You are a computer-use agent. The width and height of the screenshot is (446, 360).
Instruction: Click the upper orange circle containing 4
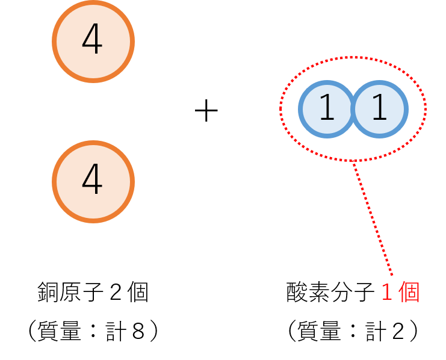[x=93, y=42]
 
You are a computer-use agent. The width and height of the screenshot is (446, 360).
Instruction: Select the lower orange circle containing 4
[x=93, y=182]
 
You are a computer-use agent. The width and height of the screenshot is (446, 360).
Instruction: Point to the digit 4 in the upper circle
[x=93, y=41]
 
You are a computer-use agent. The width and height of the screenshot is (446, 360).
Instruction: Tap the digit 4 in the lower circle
[x=93, y=181]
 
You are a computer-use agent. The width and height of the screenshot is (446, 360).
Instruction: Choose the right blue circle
[x=380, y=110]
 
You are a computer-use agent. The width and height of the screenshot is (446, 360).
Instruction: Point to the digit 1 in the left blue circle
[x=327, y=109]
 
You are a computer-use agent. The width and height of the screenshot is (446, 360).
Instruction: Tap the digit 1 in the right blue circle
[x=379, y=109]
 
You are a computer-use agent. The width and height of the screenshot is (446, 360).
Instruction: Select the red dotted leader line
[x=373, y=220]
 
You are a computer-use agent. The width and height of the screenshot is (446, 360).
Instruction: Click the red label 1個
[x=400, y=293]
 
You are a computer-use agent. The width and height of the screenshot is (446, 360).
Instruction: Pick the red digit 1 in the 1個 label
[x=387, y=293]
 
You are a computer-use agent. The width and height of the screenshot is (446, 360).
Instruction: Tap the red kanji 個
[x=409, y=293]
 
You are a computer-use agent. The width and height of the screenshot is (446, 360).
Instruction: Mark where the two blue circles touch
[x=353, y=110]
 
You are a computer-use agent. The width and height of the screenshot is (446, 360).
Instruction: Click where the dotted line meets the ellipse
[x=353, y=161]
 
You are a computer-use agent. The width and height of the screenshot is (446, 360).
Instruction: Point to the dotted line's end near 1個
[x=392, y=276]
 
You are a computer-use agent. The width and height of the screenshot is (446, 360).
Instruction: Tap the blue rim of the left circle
[x=300, y=110]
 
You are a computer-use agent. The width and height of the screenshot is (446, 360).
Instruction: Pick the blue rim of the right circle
[x=406, y=110]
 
